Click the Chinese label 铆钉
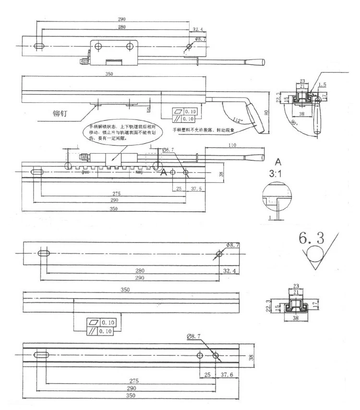[62, 114]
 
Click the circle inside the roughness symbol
[313, 254]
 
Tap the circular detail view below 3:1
[277, 198]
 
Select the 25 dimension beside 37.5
[178, 189]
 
